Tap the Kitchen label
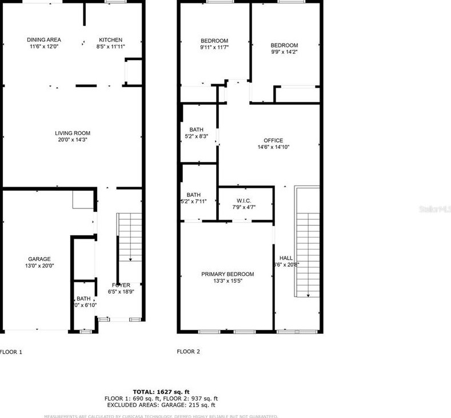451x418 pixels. coord(110,40)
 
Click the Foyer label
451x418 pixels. coord(121,285)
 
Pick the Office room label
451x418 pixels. coord(273,140)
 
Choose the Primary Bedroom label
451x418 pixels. coord(228,274)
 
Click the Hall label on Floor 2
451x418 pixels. coord(286,258)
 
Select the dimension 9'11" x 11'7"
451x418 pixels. coord(214,48)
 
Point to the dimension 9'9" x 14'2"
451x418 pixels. coord(284,52)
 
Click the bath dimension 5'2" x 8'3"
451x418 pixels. coord(197,136)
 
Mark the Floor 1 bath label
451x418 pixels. coord(83,298)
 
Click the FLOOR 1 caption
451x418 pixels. coord(10,352)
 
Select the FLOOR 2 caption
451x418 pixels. coord(188,352)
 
